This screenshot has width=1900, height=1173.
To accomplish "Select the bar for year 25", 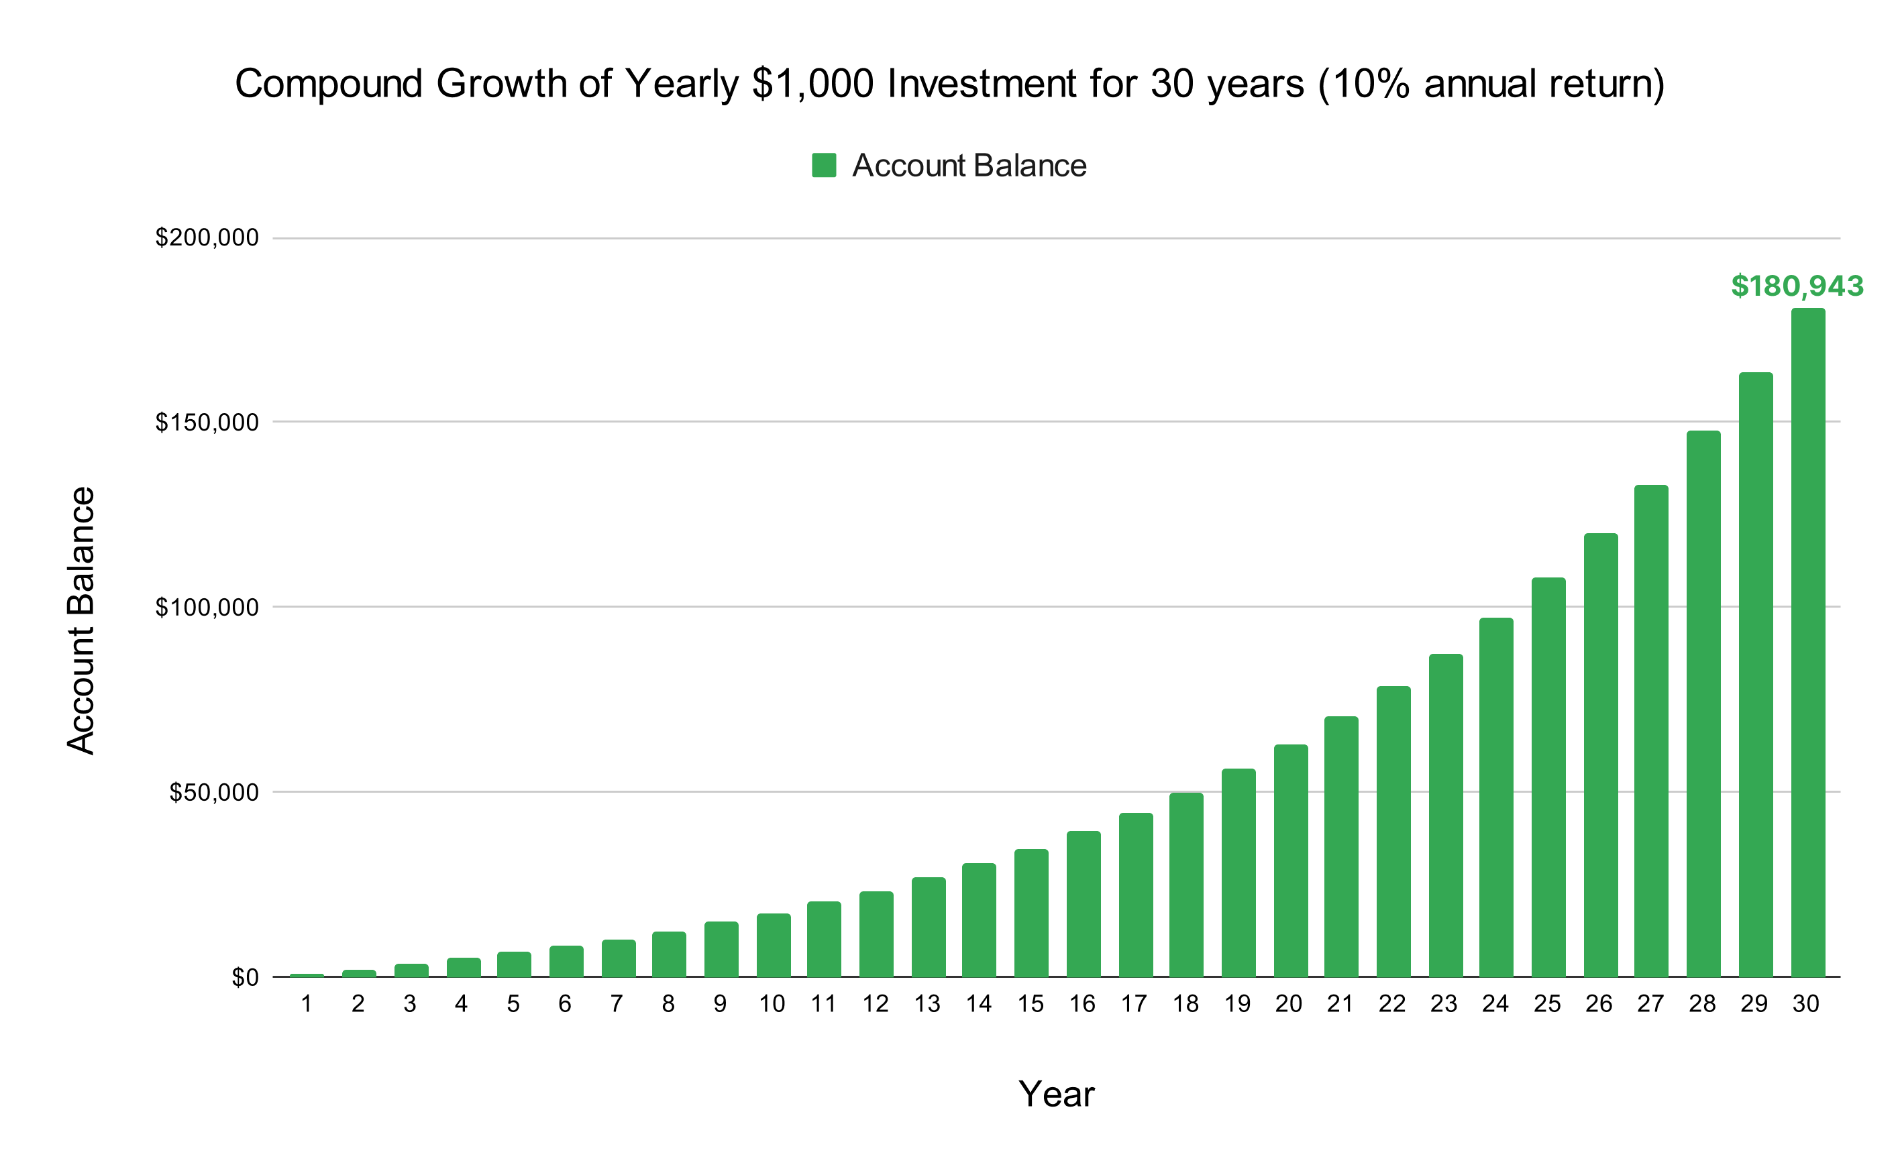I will coord(1548,777).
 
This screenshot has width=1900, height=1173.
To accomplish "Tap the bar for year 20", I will coord(1290,860).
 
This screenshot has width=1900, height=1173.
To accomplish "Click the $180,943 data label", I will coord(1797,286).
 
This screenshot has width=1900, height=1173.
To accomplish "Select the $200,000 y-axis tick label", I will coord(207,237).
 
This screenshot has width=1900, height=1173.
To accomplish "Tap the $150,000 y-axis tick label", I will coord(207,422).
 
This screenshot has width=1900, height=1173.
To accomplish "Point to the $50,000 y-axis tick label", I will coord(213,792).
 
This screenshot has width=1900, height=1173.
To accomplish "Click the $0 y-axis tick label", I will coord(245,978).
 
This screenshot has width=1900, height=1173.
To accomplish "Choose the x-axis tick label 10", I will coord(772,1005).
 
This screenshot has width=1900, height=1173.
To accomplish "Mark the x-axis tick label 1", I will coord(307,1005).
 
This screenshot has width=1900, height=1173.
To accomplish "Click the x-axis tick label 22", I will coord(1392,1005).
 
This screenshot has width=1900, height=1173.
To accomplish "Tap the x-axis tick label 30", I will coord(1805,1005).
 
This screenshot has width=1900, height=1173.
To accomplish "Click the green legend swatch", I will coord(824,165).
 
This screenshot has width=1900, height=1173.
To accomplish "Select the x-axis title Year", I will coord(1056,1094).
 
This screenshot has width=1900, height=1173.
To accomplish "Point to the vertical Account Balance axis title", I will coord(81,620).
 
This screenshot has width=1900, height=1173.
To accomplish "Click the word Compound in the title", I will coord(328,84).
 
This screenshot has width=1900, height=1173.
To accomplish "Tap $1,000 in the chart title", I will coord(812,84).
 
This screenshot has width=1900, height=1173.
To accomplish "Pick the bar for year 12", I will coord(876,934).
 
